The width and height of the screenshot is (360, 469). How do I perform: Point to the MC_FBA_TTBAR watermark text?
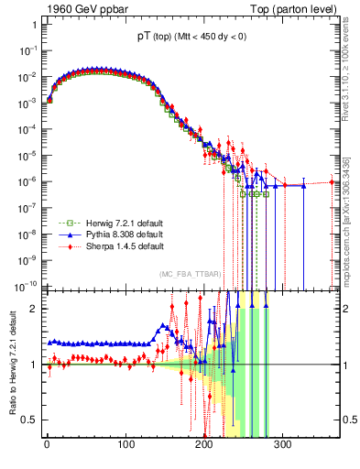pyautogui.click(x=190, y=274)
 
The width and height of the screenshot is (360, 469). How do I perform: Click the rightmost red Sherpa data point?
pyautogui.click(x=333, y=182)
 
